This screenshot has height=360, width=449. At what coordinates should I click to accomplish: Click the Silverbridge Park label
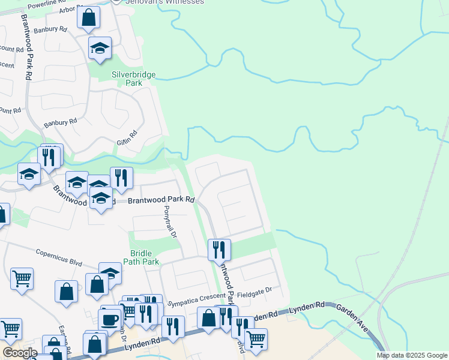pos(134,79)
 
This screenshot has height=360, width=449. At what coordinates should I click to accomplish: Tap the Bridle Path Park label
pos(141,257)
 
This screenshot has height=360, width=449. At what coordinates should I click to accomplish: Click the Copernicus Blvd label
pos(58,257)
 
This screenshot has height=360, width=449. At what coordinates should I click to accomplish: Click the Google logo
pos(20,353)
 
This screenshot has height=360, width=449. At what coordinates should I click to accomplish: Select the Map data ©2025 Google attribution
pos(412,355)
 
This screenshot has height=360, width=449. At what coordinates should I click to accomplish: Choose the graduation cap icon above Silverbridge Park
pos(100,49)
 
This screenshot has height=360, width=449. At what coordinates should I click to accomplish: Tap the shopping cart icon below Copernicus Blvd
pos(22,278)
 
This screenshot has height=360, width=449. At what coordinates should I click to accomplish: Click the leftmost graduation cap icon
pos(29,175)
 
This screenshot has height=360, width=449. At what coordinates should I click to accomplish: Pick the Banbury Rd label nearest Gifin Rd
pos(61,123)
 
